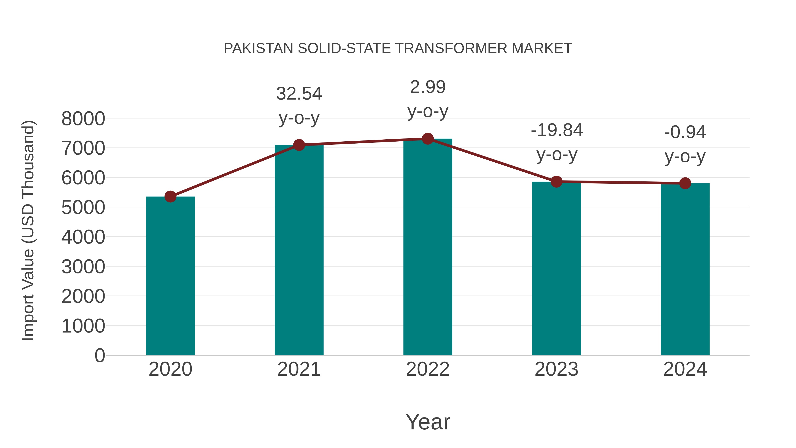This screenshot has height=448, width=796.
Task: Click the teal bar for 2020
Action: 170,276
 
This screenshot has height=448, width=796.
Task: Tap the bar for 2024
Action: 685,269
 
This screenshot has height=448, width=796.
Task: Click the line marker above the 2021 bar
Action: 299,145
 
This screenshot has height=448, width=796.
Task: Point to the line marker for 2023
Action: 556,182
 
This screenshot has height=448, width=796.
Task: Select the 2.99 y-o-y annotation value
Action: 428,87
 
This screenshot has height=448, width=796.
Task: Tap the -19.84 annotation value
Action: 557,130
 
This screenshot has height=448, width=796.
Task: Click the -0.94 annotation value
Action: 685,132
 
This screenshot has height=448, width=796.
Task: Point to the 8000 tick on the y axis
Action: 83,119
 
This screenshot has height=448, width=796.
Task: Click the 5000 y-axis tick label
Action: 83,208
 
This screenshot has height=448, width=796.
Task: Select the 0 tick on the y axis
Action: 99,355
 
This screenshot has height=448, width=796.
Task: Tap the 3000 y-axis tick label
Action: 83,267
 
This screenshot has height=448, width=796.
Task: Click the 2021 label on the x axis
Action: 299,369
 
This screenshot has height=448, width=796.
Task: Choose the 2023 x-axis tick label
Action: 556,369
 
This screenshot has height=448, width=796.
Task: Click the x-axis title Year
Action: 428,422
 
